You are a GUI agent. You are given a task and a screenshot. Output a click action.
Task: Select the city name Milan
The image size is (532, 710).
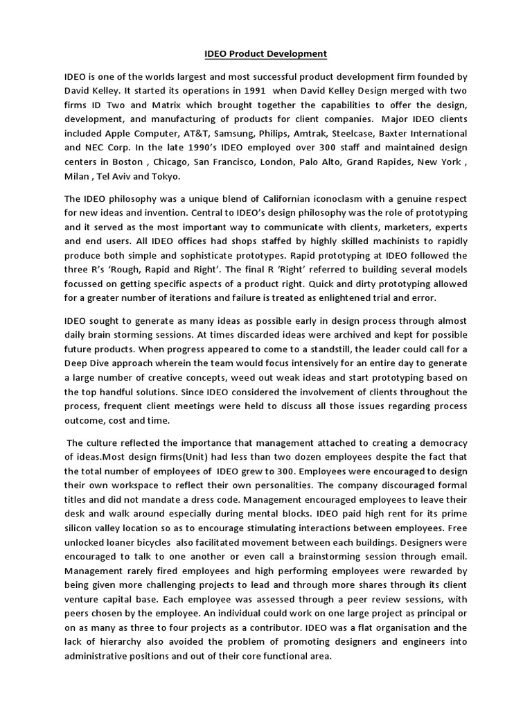tap(78, 177)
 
